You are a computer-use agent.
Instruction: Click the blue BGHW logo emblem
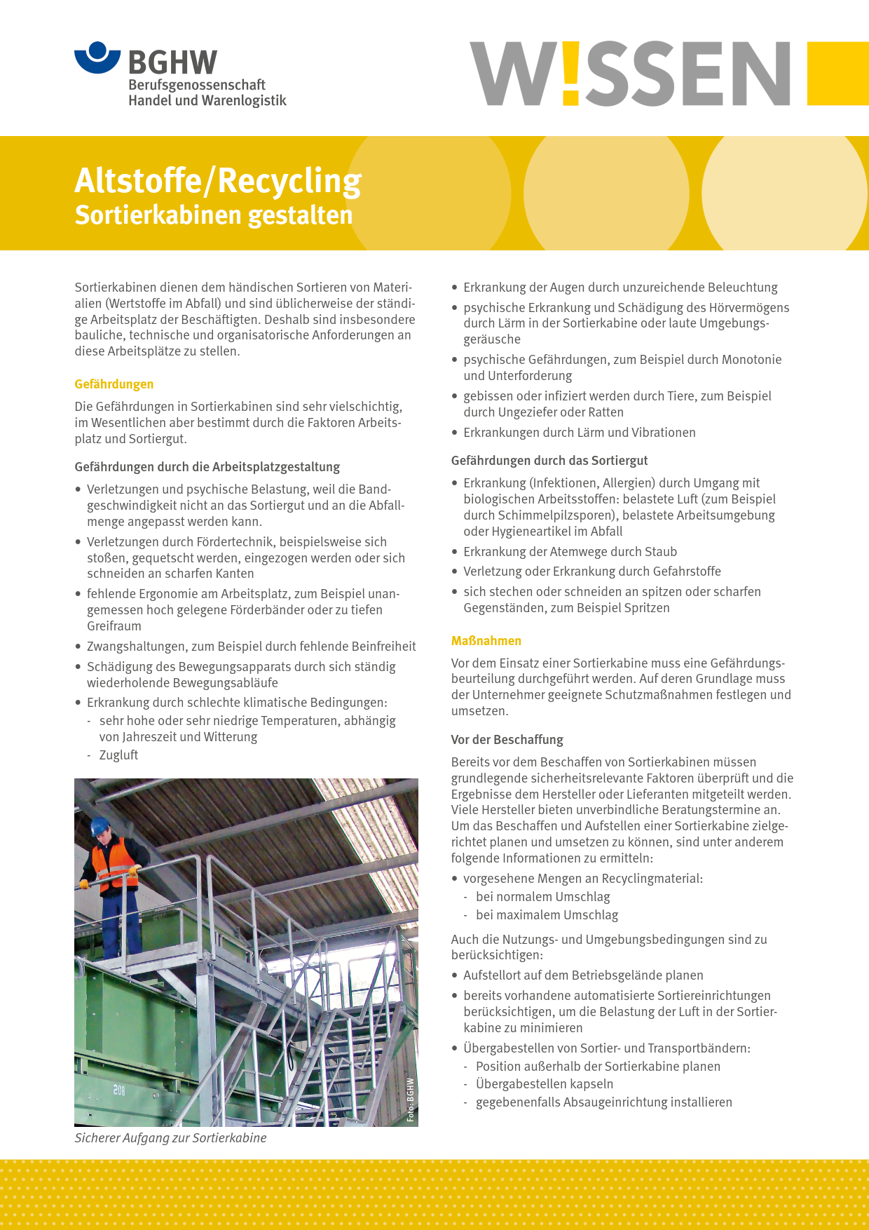pos(98,58)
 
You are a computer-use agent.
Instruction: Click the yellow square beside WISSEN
pos(837,73)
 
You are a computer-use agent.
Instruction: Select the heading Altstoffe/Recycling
pos(218,180)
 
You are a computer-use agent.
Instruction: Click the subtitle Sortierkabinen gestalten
pos(214,215)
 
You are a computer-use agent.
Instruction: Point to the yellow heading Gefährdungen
pos(114,384)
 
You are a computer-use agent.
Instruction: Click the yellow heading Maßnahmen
pos(486,641)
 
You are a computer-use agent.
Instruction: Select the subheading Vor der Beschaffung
pos(507,740)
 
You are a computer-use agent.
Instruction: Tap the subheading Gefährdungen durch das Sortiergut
pos(549,461)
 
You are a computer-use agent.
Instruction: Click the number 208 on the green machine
pos(119,1090)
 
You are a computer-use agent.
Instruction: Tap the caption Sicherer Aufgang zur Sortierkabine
pos(171,1138)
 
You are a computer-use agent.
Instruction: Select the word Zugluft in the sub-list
pos(118,755)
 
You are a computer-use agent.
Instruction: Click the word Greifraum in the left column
pos(114,626)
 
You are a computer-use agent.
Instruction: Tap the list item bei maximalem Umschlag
pos(547,915)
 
